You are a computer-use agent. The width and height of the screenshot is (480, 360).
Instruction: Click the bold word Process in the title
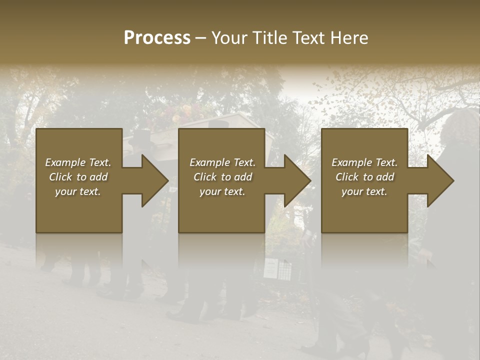157,38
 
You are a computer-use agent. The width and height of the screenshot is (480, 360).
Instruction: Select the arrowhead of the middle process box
297,180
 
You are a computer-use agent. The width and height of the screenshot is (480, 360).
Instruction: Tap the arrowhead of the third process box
440,180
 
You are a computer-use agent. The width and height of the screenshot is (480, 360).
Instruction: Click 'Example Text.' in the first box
78,162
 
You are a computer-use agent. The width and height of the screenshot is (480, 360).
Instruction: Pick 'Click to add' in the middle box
222,177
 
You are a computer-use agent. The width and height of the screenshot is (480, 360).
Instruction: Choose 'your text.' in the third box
364,191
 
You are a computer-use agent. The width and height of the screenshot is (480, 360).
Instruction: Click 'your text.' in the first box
78,191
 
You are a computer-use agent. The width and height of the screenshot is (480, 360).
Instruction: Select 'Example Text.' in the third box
364,162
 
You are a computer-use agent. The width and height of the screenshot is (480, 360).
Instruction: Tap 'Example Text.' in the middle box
222,162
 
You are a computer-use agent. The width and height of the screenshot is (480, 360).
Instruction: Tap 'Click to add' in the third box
364,177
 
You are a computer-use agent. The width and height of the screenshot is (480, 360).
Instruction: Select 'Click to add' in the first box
78,177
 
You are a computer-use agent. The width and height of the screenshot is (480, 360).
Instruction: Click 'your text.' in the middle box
222,191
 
